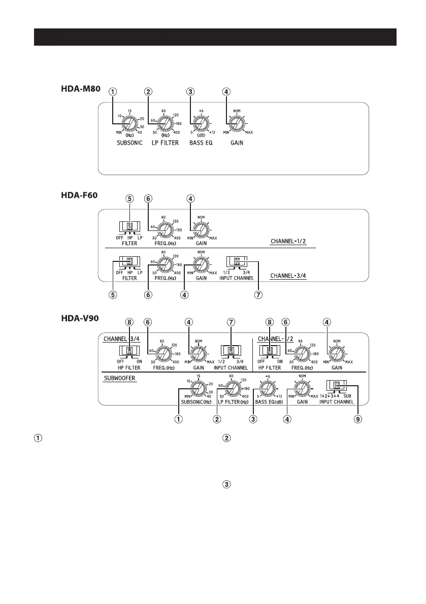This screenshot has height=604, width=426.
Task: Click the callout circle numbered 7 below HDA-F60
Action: (258, 295)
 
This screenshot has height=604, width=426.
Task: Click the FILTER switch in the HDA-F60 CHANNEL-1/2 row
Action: (129, 227)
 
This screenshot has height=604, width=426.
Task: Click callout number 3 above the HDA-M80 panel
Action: (190, 92)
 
